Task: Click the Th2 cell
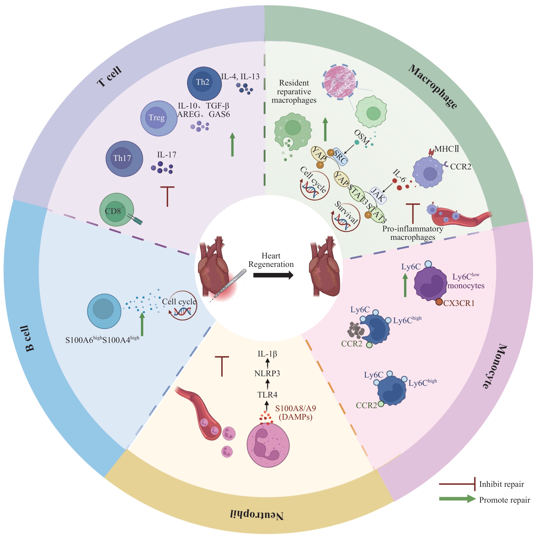[x=204, y=83]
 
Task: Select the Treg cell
[x=158, y=118]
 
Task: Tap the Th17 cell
[x=124, y=158]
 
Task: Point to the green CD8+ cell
[x=116, y=210]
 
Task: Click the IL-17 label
[x=167, y=155]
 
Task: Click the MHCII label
[x=446, y=149]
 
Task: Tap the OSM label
[x=362, y=137]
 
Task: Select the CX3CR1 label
[x=459, y=303]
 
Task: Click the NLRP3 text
[x=267, y=373]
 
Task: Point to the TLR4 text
[x=267, y=395]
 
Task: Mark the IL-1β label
[x=267, y=354]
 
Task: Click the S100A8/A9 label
[x=295, y=408]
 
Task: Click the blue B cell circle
[x=104, y=311]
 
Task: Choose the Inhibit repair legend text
[x=501, y=484]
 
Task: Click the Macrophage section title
[x=433, y=87]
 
